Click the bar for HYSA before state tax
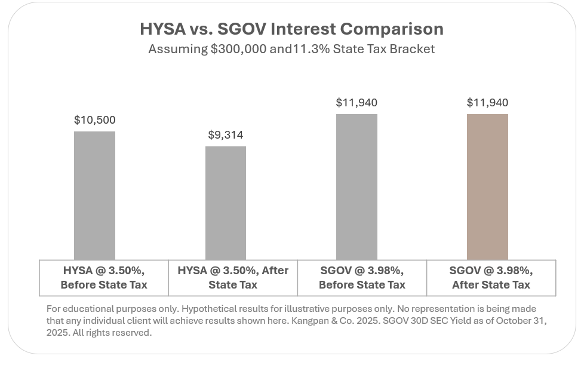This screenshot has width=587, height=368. click(x=94, y=195)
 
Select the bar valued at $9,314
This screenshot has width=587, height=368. click(x=226, y=203)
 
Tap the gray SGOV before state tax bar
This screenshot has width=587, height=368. click(x=356, y=186)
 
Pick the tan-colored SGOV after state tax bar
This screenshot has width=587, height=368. click(x=487, y=186)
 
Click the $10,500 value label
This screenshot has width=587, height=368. click(x=94, y=119)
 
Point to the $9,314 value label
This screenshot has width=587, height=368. click(x=226, y=135)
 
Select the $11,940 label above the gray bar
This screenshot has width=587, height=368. click(x=356, y=103)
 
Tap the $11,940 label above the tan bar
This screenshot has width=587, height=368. click(x=487, y=103)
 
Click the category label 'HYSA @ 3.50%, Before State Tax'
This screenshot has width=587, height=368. click(x=104, y=278)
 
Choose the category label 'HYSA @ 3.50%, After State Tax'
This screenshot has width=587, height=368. click(x=233, y=278)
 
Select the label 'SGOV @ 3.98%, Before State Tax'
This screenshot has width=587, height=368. click(x=362, y=278)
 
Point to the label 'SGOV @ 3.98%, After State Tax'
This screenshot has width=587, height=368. click(x=491, y=278)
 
